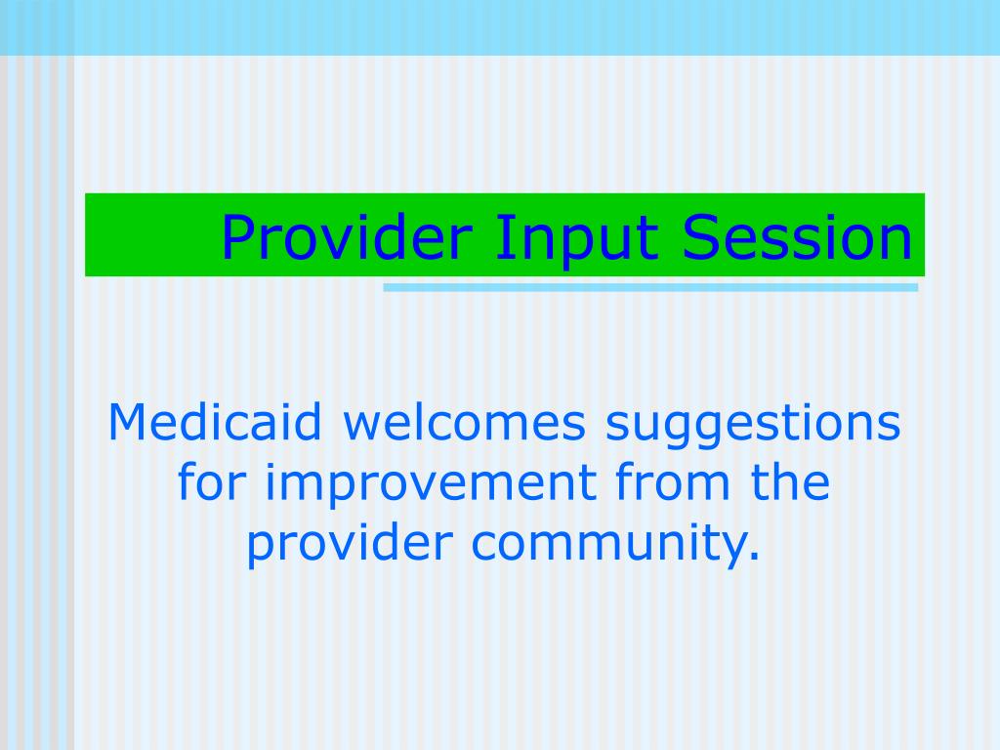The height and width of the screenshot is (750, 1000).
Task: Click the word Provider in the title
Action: (347, 236)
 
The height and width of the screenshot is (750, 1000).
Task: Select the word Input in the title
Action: (576, 238)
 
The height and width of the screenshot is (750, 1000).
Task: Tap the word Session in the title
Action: (797, 236)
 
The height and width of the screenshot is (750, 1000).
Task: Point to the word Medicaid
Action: (215, 422)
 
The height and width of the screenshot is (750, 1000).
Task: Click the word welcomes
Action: (464, 422)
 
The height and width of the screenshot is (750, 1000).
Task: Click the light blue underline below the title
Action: (650, 288)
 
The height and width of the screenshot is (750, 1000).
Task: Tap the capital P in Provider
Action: (238, 236)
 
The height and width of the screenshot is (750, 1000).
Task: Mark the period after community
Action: (755, 556)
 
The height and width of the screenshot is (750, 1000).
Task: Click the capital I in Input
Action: (500, 236)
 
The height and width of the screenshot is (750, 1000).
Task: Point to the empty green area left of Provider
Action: (151, 234)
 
